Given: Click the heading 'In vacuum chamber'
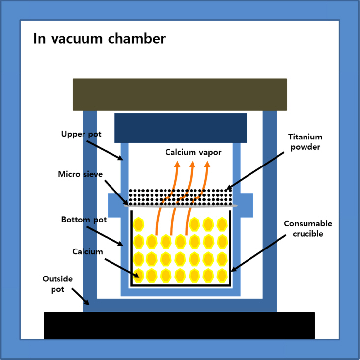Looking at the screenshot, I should click(x=99, y=39).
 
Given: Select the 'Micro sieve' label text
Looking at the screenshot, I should click(x=80, y=174).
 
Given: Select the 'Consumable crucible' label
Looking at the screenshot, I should click(x=308, y=228).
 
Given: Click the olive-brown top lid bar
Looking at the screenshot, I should click(x=180, y=94).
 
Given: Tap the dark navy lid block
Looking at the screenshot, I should click(x=180, y=128).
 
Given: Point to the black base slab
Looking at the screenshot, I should click(x=179, y=325).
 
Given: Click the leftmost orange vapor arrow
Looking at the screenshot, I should click(x=161, y=201).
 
